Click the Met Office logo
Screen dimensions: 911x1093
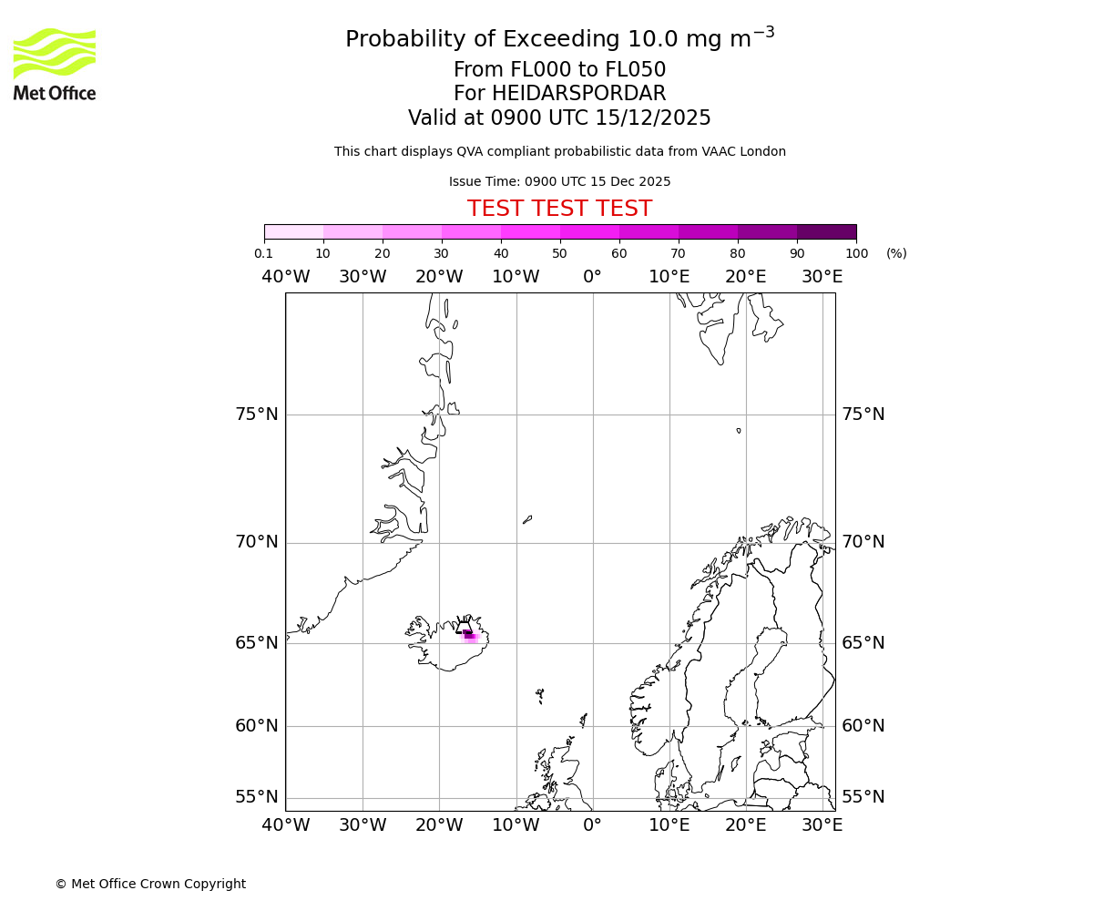tap(55, 64)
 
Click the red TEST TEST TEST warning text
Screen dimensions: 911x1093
tap(559, 209)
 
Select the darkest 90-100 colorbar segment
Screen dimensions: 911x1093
tap(826, 231)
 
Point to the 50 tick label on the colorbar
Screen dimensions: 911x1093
tap(559, 253)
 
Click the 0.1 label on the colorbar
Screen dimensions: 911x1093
tap(263, 253)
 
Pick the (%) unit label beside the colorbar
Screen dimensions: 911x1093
tap(896, 253)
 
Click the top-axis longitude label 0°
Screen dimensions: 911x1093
tap(592, 277)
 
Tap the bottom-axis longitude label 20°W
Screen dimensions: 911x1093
tap(439, 825)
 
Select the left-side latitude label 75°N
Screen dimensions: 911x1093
tap(257, 415)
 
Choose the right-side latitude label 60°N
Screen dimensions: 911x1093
tap(863, 726)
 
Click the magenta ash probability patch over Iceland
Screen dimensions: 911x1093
tap(469, 635)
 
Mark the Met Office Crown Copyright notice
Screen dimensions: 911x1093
tap(150, 884)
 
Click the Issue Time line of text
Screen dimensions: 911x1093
tap(559, 181)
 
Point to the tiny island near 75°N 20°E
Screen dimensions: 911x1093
tap(739, 430)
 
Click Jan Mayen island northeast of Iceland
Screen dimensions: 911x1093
tap(527, 519)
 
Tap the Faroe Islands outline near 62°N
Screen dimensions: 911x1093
tap(539, 695)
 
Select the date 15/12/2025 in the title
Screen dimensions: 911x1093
tap(653, 118)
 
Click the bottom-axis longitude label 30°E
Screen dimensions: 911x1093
tap(822, 825)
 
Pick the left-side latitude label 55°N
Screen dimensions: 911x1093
tap(257, 797)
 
